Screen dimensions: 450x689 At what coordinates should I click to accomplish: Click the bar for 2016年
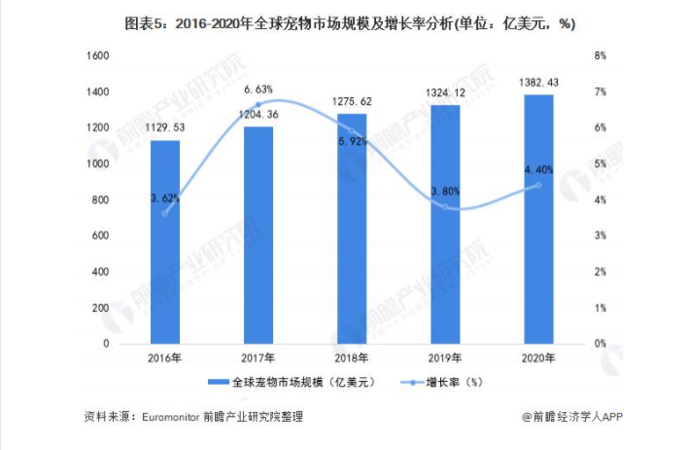164,242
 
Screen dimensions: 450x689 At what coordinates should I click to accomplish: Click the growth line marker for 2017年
258,105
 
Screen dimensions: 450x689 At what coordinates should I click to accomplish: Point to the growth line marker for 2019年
445,207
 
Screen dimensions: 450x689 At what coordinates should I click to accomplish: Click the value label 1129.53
164,126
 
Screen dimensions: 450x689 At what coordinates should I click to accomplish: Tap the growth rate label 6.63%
258,89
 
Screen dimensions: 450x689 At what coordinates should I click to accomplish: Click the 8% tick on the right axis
601,56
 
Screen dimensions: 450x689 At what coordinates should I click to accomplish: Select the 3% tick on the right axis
601,236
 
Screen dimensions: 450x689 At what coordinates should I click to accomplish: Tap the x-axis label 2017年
258,359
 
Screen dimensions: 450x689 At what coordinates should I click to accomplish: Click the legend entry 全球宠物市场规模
291,382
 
